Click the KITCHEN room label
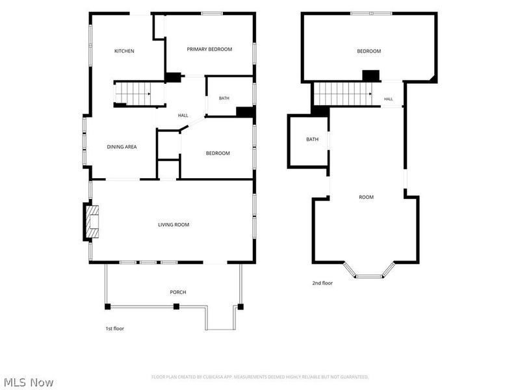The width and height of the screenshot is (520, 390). coord(124,51)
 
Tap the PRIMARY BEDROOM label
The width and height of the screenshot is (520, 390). coord(209,49)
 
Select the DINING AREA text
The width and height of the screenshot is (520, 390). coord(122,147)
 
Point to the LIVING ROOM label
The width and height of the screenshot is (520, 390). coord(174,224)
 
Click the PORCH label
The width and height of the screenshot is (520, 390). coord(177,292)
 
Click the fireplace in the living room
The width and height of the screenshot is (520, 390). coord(92,222)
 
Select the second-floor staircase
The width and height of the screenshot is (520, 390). coord(343,94)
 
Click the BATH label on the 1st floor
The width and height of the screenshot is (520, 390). coord(224,98)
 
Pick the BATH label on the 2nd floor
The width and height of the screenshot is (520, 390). coord(312,139)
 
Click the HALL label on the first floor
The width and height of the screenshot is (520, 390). coord(183,116)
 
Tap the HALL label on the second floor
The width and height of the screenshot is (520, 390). coord(388,99)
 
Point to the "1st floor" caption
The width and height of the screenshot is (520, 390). coord(115,328)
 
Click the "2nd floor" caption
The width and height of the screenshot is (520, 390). coord(322,283)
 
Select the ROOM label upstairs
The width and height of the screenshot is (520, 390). coord(366,197)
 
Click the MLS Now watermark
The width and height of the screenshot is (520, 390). coord(29,382)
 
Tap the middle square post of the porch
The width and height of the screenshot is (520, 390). coord(176,306)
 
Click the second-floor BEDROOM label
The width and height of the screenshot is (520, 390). coord(369,51)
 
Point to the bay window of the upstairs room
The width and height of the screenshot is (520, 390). coord(369,270)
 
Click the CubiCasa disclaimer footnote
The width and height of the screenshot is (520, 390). coord(259,377)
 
